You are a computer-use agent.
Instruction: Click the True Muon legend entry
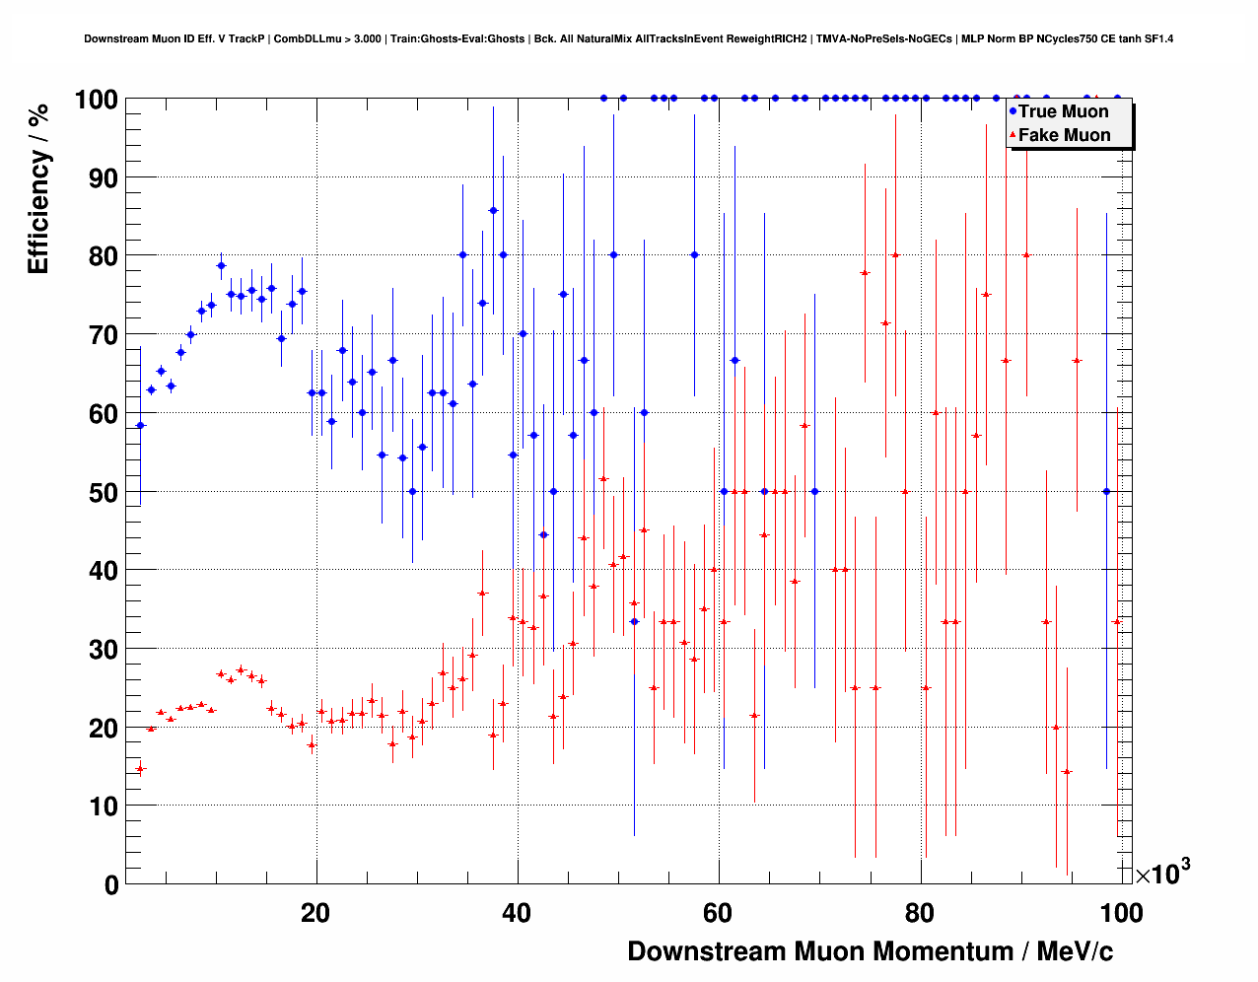click(x=1063, y=111)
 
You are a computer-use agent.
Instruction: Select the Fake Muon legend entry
click(x=1064, y=135)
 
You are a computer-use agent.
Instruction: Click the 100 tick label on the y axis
click(x=96, y=100)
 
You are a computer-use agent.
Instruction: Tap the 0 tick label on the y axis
click(x=109, y=884)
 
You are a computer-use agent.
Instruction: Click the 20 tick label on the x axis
click(x=315, y=913)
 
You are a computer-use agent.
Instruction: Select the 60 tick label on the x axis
click(x=718, y=913)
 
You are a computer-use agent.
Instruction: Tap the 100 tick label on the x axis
click(x=1120, y=913)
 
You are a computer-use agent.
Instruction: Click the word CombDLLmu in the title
click(x=302, y=38)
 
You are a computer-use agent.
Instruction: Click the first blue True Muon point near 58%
click(x=140, y=425)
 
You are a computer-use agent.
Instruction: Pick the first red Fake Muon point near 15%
click(x=140, y=769)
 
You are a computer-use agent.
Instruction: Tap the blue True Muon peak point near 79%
click(x=221, y=265)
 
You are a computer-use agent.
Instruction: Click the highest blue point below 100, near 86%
click(x=493, y=210)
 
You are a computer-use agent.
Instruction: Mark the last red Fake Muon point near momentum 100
click(x=1116, y=622)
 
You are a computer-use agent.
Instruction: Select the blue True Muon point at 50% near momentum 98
click(x=1106, y=491)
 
